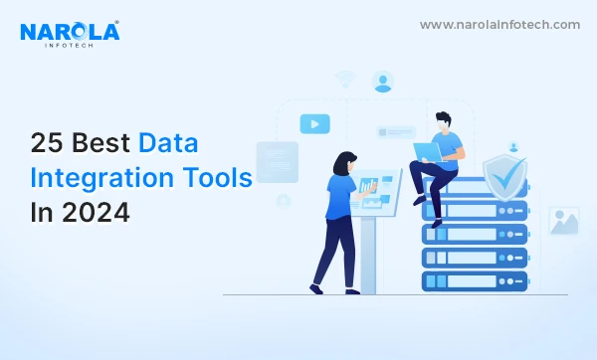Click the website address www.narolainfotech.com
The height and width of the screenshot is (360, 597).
coord(498,25)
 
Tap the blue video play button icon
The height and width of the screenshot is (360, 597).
coord(314,123)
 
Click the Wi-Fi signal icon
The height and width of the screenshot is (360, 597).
coord(345,79)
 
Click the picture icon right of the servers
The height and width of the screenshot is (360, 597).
coord(563,221)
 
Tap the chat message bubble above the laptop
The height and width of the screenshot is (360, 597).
coord(396,131)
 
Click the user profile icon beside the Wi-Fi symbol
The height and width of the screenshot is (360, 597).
coord(383,82)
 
